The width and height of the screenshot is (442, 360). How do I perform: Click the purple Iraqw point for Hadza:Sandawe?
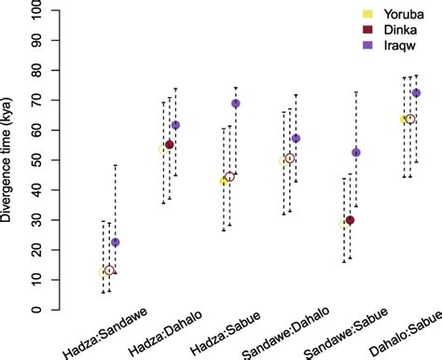click(x=116, y=242)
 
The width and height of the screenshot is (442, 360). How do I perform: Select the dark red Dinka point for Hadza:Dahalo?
click(x=170, y=145)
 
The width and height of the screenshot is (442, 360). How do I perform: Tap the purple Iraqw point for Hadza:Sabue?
click(x=236, y=104)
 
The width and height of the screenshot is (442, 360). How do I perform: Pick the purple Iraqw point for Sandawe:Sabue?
click(x=356, y=152)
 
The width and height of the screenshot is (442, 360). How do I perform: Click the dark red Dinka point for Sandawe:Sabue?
click(x=350, y=220)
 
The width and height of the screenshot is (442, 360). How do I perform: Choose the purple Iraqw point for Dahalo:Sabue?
click(x=416, y=93)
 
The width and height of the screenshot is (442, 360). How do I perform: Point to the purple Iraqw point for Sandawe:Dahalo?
click(x=296, y=139)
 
